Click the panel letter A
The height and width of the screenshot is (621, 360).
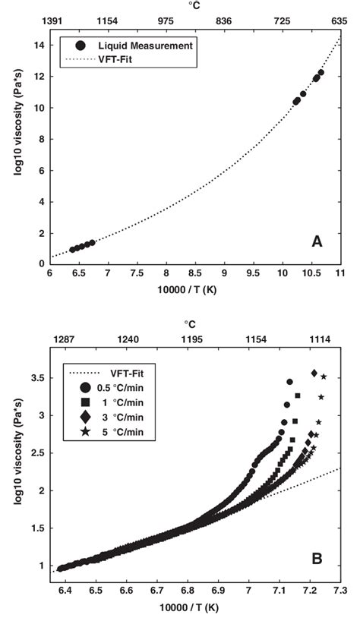[x=319, y=241]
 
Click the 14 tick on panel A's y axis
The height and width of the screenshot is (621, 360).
[x=39, y=46]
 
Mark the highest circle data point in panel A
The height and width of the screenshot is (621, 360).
[x=321, y=73]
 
